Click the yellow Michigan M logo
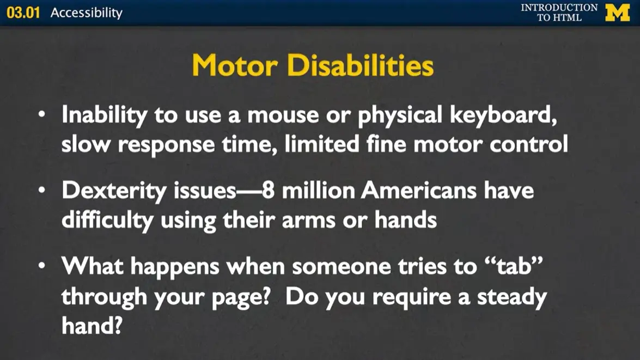tap(617, 13)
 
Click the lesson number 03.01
tap(23, 13)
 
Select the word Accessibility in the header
tap(86, 13)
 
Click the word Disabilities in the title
tap(360, 66)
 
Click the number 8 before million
tap(267, 191)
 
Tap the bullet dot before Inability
tap(42, 116)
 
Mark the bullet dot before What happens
tap(42, 266)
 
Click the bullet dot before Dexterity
tap(42, 191)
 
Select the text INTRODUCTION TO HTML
tap(559, 13)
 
